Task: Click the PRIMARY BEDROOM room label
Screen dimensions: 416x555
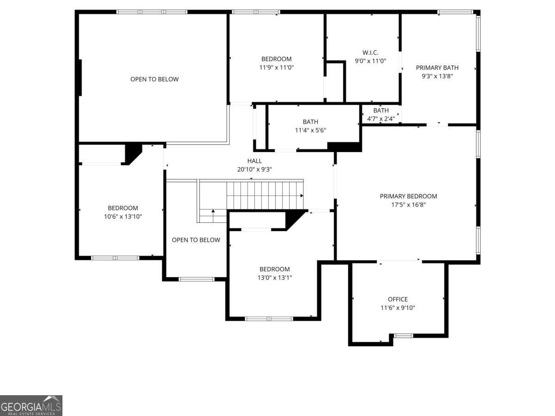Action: [x=408, y=196]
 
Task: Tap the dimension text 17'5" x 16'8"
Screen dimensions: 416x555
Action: [x=408, y=204]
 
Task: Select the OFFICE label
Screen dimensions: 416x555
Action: [x=397, y=299]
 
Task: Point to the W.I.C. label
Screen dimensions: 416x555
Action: [x=370, y=53]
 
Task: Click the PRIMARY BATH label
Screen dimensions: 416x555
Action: [x=437, y=67]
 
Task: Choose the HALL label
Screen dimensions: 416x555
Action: [x=254, y=161]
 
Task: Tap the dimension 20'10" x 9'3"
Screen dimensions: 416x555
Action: [x=254, y=169]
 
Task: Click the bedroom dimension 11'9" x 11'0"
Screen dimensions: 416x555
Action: [x=276, y=67]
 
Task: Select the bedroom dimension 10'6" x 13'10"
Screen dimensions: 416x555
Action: [x=123, y=216]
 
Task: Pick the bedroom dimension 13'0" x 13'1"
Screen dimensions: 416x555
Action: [x=274, y=277]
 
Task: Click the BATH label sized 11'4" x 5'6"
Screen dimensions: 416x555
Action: [x=310, y=122]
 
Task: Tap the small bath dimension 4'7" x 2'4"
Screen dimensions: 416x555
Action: [x=381, y=118]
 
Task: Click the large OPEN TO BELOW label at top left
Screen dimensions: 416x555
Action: [x=154, y=79]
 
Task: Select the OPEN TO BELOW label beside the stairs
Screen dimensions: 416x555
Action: [x=196, y=240]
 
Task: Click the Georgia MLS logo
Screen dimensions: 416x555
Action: [x=31, y=405]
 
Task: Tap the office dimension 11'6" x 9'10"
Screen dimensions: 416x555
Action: [x=397, y=307]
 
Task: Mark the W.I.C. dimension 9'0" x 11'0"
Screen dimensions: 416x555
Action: [x=370, y=61]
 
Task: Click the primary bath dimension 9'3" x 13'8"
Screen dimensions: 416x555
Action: [x=437, y=76]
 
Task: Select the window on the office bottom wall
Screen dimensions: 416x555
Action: [x=403, y=336]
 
